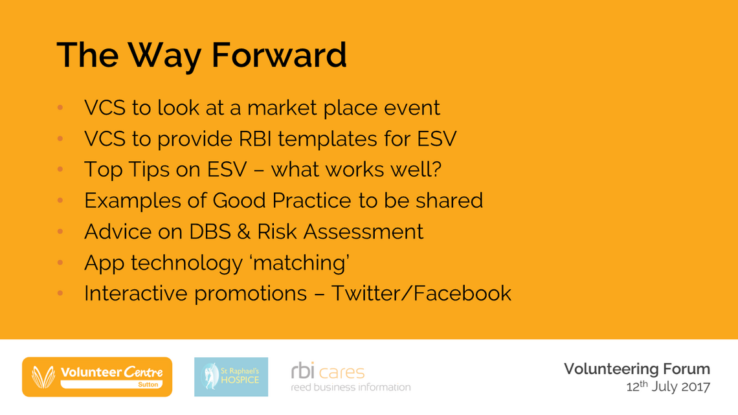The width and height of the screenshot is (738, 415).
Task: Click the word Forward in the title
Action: tap(279, 54)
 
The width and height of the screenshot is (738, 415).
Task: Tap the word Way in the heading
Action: tap(164, 56)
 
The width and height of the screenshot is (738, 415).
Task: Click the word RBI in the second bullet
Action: tap(254, 139)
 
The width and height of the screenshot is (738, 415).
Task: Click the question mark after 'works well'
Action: tap(436, 170)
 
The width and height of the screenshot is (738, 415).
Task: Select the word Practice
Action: tap(311, 201)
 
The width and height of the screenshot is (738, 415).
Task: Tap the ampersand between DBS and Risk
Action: tap(243, 232)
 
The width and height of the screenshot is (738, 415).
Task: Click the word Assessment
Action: tap(363, 232)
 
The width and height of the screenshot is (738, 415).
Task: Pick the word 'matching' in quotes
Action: tap(301, 264)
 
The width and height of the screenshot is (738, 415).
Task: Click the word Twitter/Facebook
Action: tap(421, 293)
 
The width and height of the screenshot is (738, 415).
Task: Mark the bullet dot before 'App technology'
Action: tap(60, 263)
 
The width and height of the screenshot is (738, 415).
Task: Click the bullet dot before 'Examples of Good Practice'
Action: tap(60, 201)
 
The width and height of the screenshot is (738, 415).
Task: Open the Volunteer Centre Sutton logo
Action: tap(97, 377)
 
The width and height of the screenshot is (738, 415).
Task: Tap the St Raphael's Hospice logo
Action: tap(231, 377)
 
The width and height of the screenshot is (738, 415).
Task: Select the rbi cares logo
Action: tap(351, 377)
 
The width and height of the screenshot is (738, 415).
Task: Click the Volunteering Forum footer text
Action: tap(637, 370)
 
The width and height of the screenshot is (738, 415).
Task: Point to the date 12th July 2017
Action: tap(668, 387)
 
